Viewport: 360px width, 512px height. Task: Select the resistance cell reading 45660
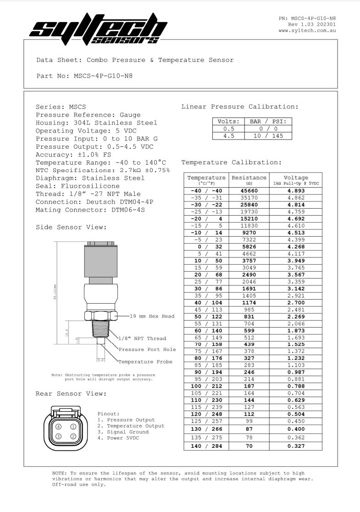tap(249, 190)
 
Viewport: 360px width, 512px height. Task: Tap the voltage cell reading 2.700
tap(296, 303)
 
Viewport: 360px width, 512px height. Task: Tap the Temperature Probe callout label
tap(145, 362)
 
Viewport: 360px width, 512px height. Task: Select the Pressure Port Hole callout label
tap(147, 349)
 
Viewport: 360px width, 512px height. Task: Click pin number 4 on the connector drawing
tap(58, 426)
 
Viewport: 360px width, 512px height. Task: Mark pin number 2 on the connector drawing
tap(73, 436)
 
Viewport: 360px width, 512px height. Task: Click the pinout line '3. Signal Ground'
tap(123, 432)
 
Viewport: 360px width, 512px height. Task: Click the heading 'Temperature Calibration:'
tap(231, 162)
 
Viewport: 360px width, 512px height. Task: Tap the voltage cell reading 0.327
tap(296, 445)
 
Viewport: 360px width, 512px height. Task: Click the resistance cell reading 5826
tap(249, 247)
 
